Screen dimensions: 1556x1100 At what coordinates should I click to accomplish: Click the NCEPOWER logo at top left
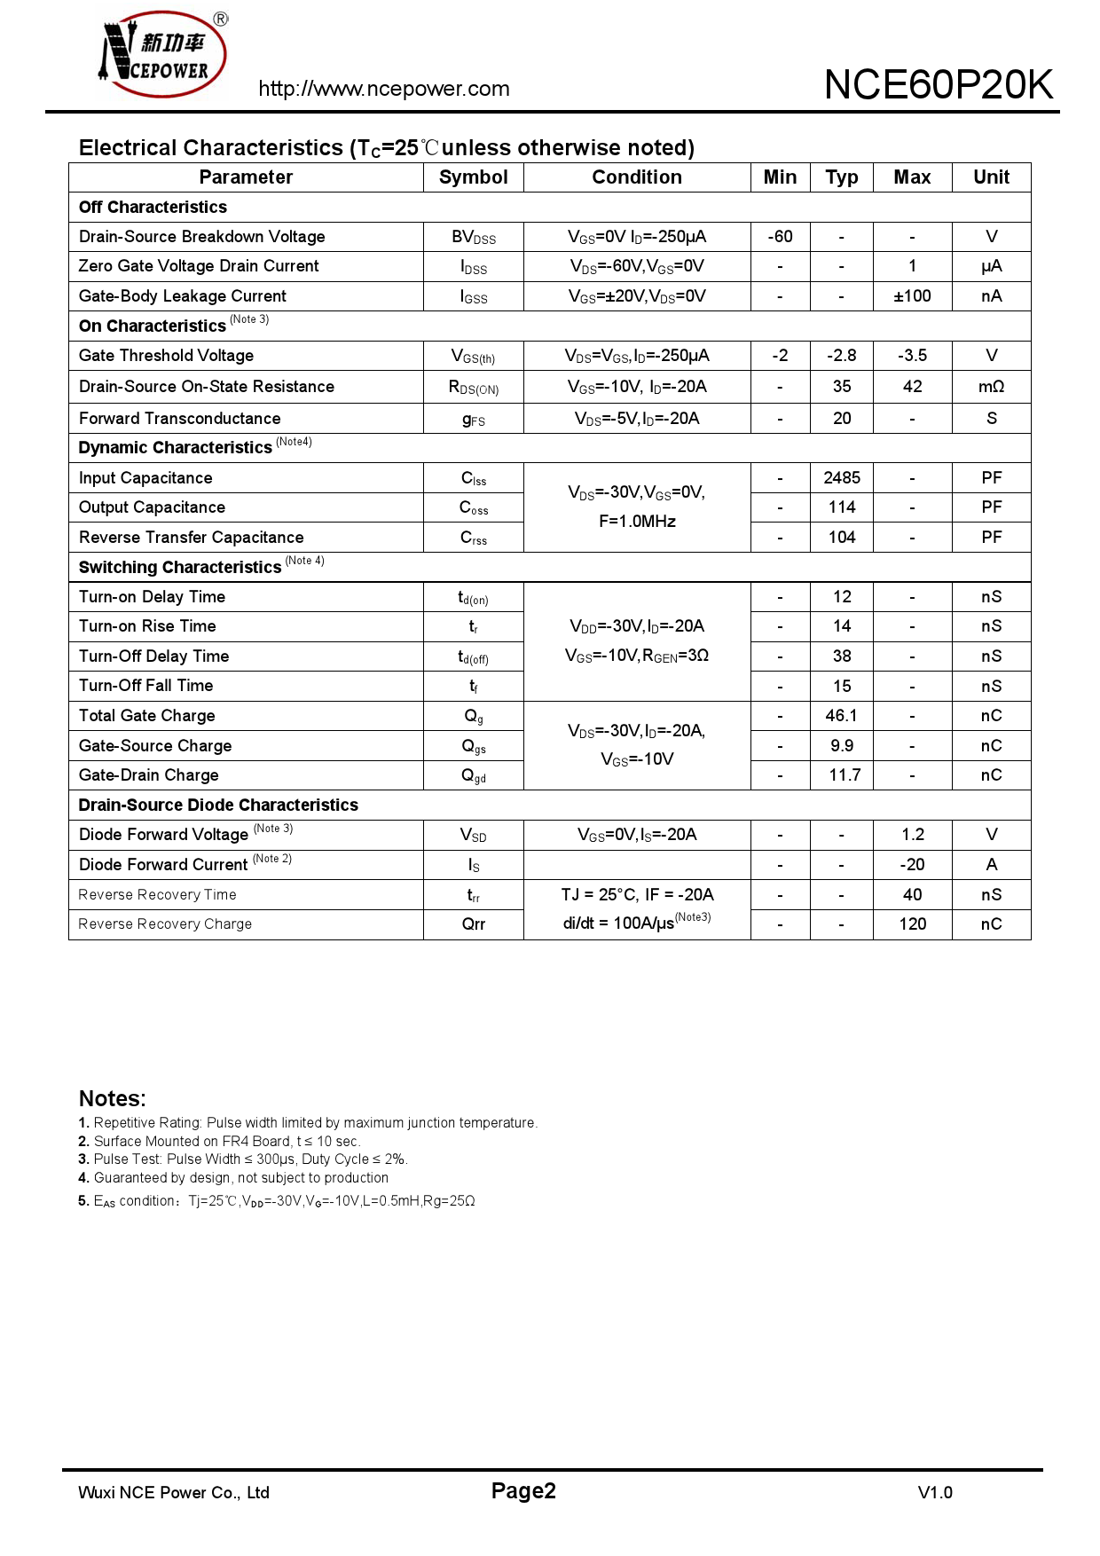(163, 54)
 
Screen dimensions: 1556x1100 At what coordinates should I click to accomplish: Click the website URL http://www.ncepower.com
(384, 89)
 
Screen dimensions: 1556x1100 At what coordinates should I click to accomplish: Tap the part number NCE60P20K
(939, 85)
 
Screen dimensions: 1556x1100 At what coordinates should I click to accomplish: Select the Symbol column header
(474, 177)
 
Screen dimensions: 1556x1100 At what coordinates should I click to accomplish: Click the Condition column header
(637, 177)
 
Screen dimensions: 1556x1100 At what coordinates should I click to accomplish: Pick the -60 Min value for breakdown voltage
(780, 237)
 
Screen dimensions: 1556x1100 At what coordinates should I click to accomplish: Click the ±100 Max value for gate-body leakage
(912, 296)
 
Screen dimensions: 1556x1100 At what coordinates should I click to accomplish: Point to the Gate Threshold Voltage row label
(166, 356)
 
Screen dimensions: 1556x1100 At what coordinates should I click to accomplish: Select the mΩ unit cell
(991, 387)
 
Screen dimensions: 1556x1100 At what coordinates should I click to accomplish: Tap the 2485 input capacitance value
(842, 478)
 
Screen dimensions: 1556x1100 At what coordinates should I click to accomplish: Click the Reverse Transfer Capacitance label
(191, 538)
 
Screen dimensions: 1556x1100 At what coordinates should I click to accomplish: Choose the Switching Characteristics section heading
(180, 568)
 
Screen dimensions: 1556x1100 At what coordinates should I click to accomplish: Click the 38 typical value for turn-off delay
(842, 656)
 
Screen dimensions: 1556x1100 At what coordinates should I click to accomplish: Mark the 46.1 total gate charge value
(842, 716)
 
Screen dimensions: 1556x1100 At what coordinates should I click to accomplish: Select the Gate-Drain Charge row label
(148, 775)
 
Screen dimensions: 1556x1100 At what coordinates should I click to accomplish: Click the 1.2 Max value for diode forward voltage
(912, 835)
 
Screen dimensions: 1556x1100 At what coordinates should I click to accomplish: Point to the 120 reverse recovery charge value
(912, 924)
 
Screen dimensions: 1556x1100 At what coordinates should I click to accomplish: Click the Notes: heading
(112, 1098)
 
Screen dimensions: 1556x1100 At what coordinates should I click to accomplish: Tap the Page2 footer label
(523, 1491)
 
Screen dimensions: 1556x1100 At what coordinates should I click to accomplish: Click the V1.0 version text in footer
(935, 1493)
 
